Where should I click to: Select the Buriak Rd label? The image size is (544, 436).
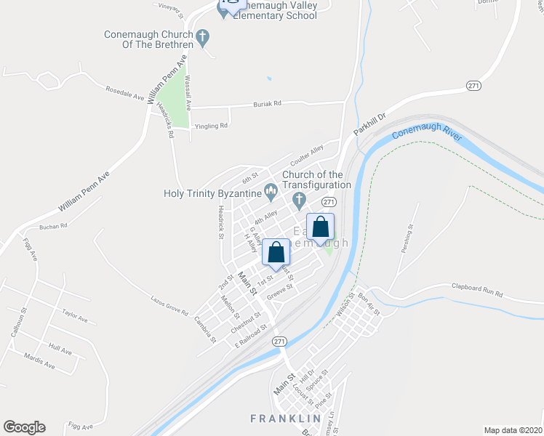coord(267,105)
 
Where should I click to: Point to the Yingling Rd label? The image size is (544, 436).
coord(212,126)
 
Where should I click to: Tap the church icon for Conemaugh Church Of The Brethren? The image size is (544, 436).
coord(203,35)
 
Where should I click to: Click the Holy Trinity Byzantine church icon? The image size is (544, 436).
coord(271,193)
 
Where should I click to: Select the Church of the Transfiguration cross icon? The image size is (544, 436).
coord(297,198)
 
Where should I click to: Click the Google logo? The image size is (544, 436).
coord(24,427)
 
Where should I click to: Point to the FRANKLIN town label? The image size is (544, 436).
coord(285,419)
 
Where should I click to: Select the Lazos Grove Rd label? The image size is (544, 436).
coord(169,306)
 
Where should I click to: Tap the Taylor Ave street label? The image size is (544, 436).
coord(75,317)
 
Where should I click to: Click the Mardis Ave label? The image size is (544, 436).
coord(39,360)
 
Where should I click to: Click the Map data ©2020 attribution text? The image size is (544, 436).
coord(513,430)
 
